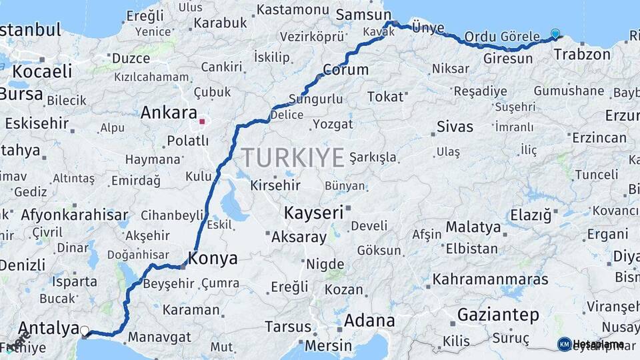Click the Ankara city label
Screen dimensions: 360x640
click(x=169, y=113)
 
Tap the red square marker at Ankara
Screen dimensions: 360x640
click(x=201, y=121)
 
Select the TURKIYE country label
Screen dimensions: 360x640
click(x=293, y=157)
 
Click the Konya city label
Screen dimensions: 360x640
click(x=213, y=259)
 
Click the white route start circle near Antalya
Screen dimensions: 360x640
click(x=85, y=330)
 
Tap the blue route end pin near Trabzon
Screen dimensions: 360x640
click(x=555, y=33)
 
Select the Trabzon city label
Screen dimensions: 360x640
click(x=587, y=55)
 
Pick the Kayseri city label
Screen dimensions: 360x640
click(x=313, y=213)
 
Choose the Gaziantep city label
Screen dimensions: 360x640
click(x=498, y=315)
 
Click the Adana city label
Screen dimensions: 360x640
click(x=369, y=321)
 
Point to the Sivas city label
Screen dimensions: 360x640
click(x=455, y=127)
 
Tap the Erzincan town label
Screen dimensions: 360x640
click(x=599, y=138)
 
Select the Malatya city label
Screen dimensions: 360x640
click(x=473, y=227)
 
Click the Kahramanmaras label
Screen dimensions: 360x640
click(x=490, y=279)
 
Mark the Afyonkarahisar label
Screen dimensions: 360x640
click(x=74, y=215)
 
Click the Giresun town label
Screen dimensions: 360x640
click(x=509, y=59)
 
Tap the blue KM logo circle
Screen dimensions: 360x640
click(x=564, y=344)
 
